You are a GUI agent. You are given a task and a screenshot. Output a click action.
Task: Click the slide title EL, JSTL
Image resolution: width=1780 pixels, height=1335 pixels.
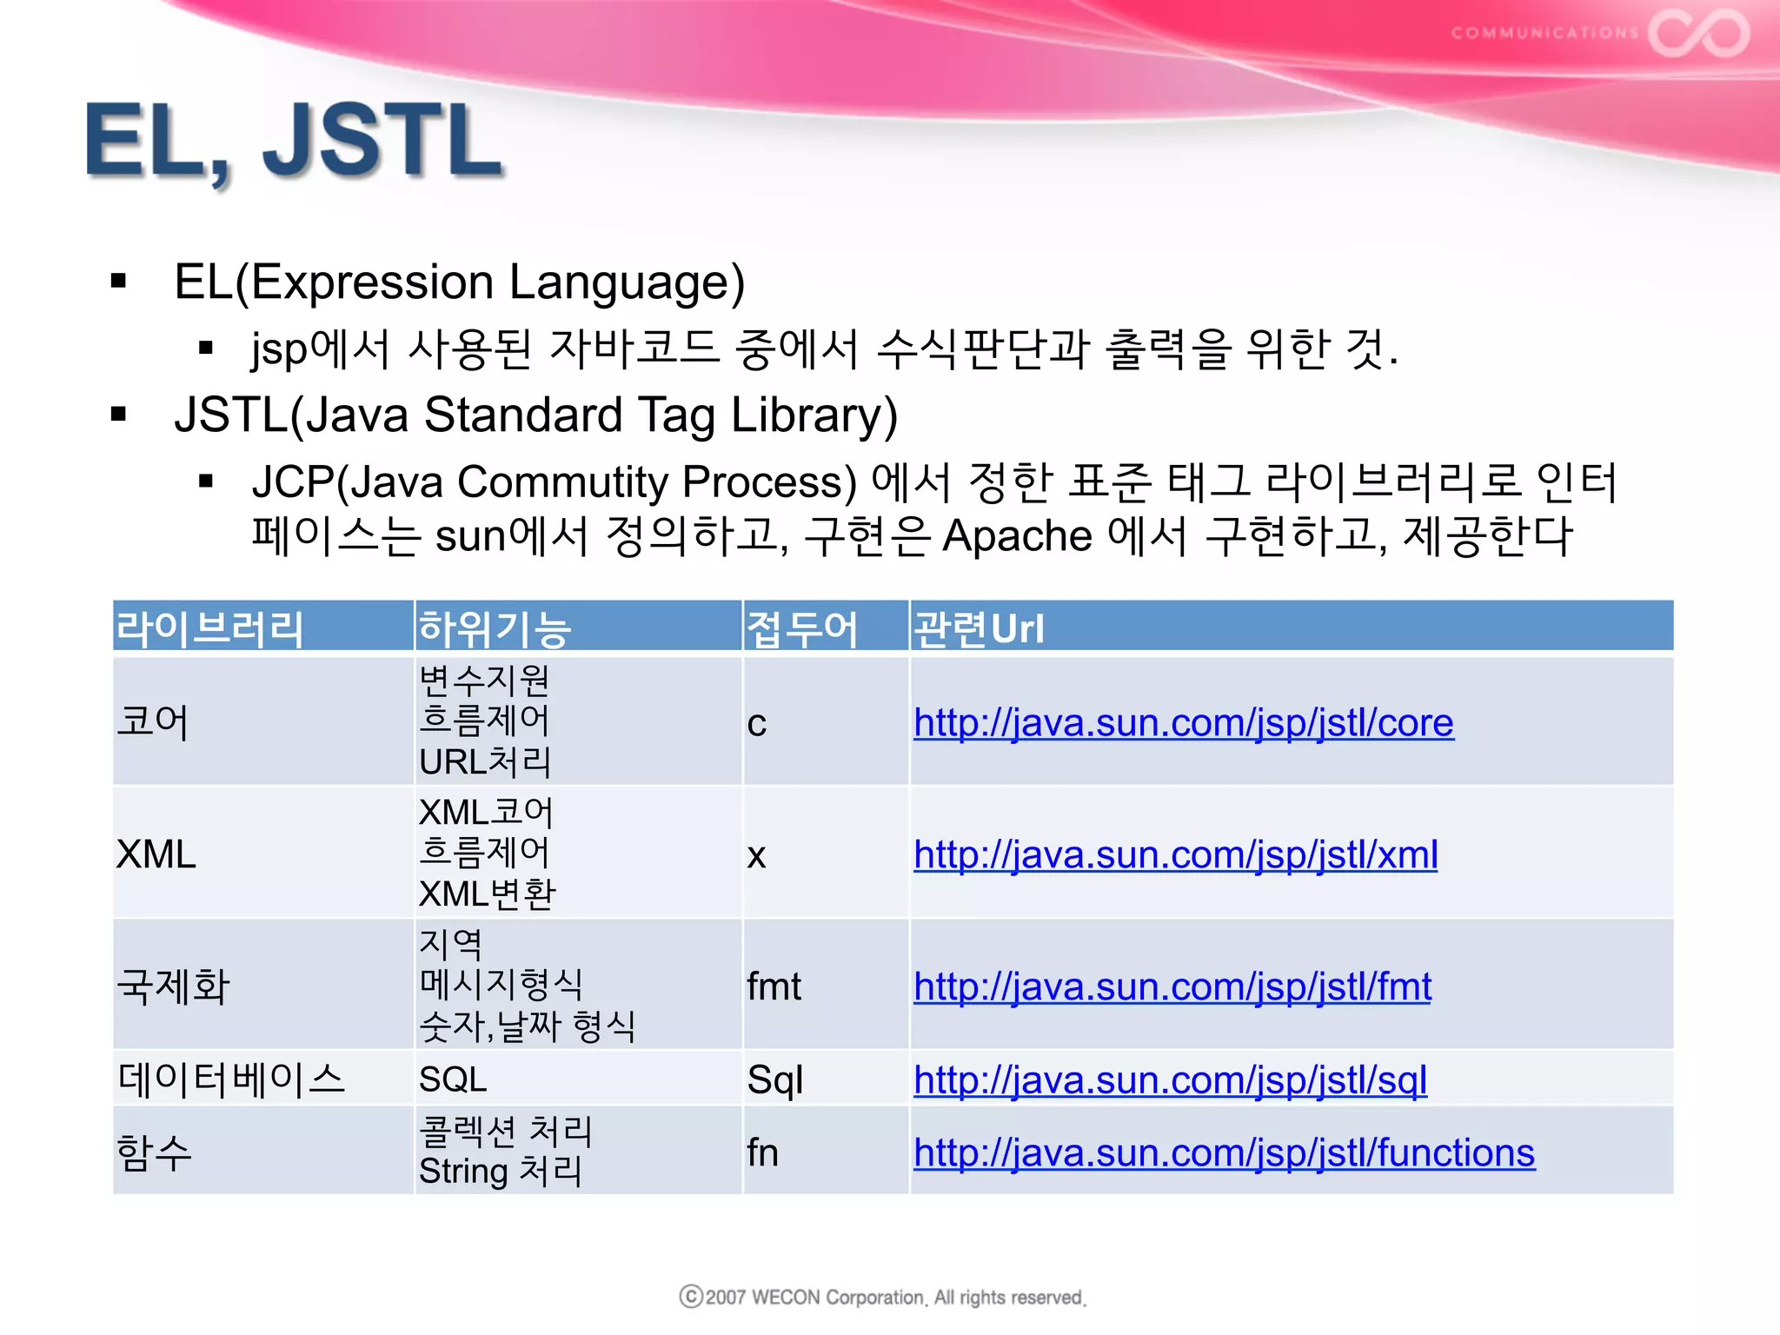pos(294,141)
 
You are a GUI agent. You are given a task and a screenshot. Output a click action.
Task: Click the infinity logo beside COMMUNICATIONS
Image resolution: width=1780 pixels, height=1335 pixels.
pos(1698,33)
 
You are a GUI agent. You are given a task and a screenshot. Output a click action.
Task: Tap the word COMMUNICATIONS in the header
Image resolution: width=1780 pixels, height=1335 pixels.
pos(1544,33)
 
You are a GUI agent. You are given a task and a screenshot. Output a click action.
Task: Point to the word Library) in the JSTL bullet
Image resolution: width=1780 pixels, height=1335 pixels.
pos(814,415)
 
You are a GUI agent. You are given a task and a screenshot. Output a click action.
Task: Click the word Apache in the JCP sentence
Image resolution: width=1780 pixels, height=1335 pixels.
pos(1017,535)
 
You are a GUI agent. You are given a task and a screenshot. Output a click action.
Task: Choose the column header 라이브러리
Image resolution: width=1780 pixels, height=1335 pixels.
pos(209,628)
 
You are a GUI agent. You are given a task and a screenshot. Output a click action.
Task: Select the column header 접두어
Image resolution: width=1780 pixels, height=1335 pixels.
pos(801,628)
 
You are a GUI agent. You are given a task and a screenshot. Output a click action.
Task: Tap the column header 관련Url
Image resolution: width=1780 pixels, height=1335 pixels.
pos(979,628)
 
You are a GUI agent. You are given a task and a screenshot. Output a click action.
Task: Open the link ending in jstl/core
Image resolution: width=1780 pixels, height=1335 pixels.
pos(1183,723)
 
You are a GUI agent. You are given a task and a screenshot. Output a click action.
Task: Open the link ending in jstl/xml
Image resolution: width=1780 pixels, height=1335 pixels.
pos(1175,855)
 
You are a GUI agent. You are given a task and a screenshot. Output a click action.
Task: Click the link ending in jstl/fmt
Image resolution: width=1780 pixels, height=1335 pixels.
pos(1172,987)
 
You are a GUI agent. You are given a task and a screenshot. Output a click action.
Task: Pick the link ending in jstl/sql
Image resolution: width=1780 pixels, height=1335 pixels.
pos(1170,1080)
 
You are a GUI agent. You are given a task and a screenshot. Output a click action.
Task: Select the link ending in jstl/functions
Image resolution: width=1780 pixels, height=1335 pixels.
pos(1224,1153)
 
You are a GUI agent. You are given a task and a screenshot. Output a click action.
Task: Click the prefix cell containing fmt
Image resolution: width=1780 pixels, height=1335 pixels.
pos(774,987)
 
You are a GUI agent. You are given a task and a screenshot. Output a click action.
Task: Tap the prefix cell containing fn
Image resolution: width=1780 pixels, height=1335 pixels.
pos(762,1153)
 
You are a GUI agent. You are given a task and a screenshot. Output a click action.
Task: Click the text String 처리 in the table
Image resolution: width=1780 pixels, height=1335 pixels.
pos(500,1172)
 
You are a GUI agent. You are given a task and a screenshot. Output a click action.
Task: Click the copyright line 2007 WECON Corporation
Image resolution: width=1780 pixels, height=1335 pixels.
pos(883,1298)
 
